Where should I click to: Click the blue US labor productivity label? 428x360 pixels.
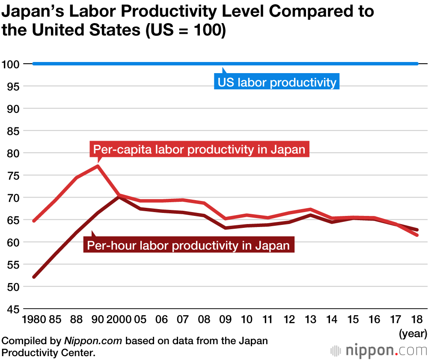pyautogui.click(x=277, y=82)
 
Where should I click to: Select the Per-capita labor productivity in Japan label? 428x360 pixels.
pyautogui.click(x=199, y=150)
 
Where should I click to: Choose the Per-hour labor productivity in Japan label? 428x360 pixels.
pyautogui.click(x=188, y=245)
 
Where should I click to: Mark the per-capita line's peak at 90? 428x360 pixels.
pyautogui.click(x=98, y=166)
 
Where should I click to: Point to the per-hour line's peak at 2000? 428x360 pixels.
pyautogui.click(x=119, y=197)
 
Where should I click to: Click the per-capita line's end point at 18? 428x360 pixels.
pyautogui.click(x=417, y=235)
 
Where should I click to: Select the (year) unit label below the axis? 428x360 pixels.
pyautogui.click(x=413, y=332)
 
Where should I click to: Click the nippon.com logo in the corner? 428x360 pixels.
pyautogui.click(x=379, y=350)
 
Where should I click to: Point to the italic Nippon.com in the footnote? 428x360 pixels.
pyautogui.click(x=93, y=341)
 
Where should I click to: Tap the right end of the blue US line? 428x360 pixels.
pyautogui.click(x=417, y=64)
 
